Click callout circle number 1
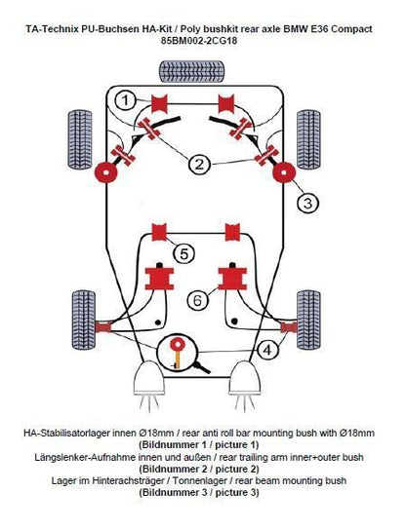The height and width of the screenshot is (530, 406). pos(125,100)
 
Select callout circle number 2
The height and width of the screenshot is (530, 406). pos(199,164)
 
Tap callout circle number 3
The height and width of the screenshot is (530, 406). pos(307,203)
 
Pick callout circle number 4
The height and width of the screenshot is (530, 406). pos(267,350)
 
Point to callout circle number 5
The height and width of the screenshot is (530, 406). pos(183,253)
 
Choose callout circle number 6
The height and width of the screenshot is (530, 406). pos(197,300)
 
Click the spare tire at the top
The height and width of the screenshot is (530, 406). pos(191,71)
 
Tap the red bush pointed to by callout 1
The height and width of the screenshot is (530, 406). pos(159,104)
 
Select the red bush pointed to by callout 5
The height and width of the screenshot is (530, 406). pos(159,232)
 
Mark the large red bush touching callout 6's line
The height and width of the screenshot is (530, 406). pos(232,278)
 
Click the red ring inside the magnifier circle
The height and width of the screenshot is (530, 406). pos(178,344)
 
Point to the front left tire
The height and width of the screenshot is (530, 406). pos(80,139)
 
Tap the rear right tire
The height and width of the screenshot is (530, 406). pos(308,320)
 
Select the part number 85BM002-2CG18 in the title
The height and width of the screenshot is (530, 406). pos(199,41)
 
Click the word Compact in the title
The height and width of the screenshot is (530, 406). pos(351,28)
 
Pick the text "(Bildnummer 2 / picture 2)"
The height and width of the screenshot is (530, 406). pos(199,470)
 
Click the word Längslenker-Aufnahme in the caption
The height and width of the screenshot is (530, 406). pos(86,457)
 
